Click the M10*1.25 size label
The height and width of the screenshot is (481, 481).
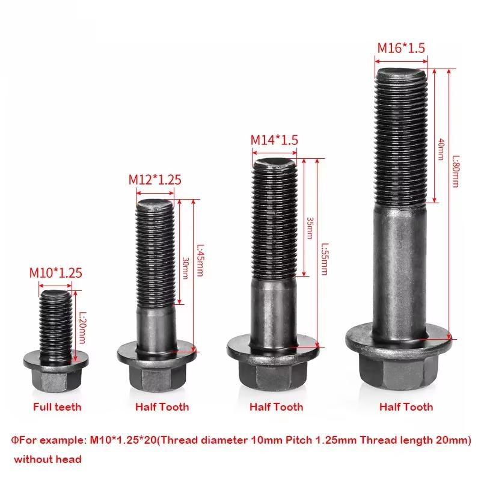pyautogui.click(x=55, y=273)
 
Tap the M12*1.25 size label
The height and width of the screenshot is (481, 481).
pyautogui.click(x=155, y=180)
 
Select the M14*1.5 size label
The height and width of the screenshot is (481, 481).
pyautogui.click(x=274, y=140)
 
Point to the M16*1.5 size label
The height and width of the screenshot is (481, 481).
pyautogui.click(x=401, y=48)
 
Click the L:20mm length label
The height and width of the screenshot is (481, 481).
pyautogui.click(x=82, y=328)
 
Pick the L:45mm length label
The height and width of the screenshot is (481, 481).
pyautogui.click(x=200, y=260)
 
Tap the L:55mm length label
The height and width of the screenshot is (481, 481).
pyautogui.click(x=325, y=259)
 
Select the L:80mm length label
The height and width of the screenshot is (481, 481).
pyautogui.click(x=456, y=171)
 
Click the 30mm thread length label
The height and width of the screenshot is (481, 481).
pyautogui.click(x=185, y=268)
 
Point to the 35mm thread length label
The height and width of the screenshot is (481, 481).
pyautogui.click(x=310, y=228)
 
